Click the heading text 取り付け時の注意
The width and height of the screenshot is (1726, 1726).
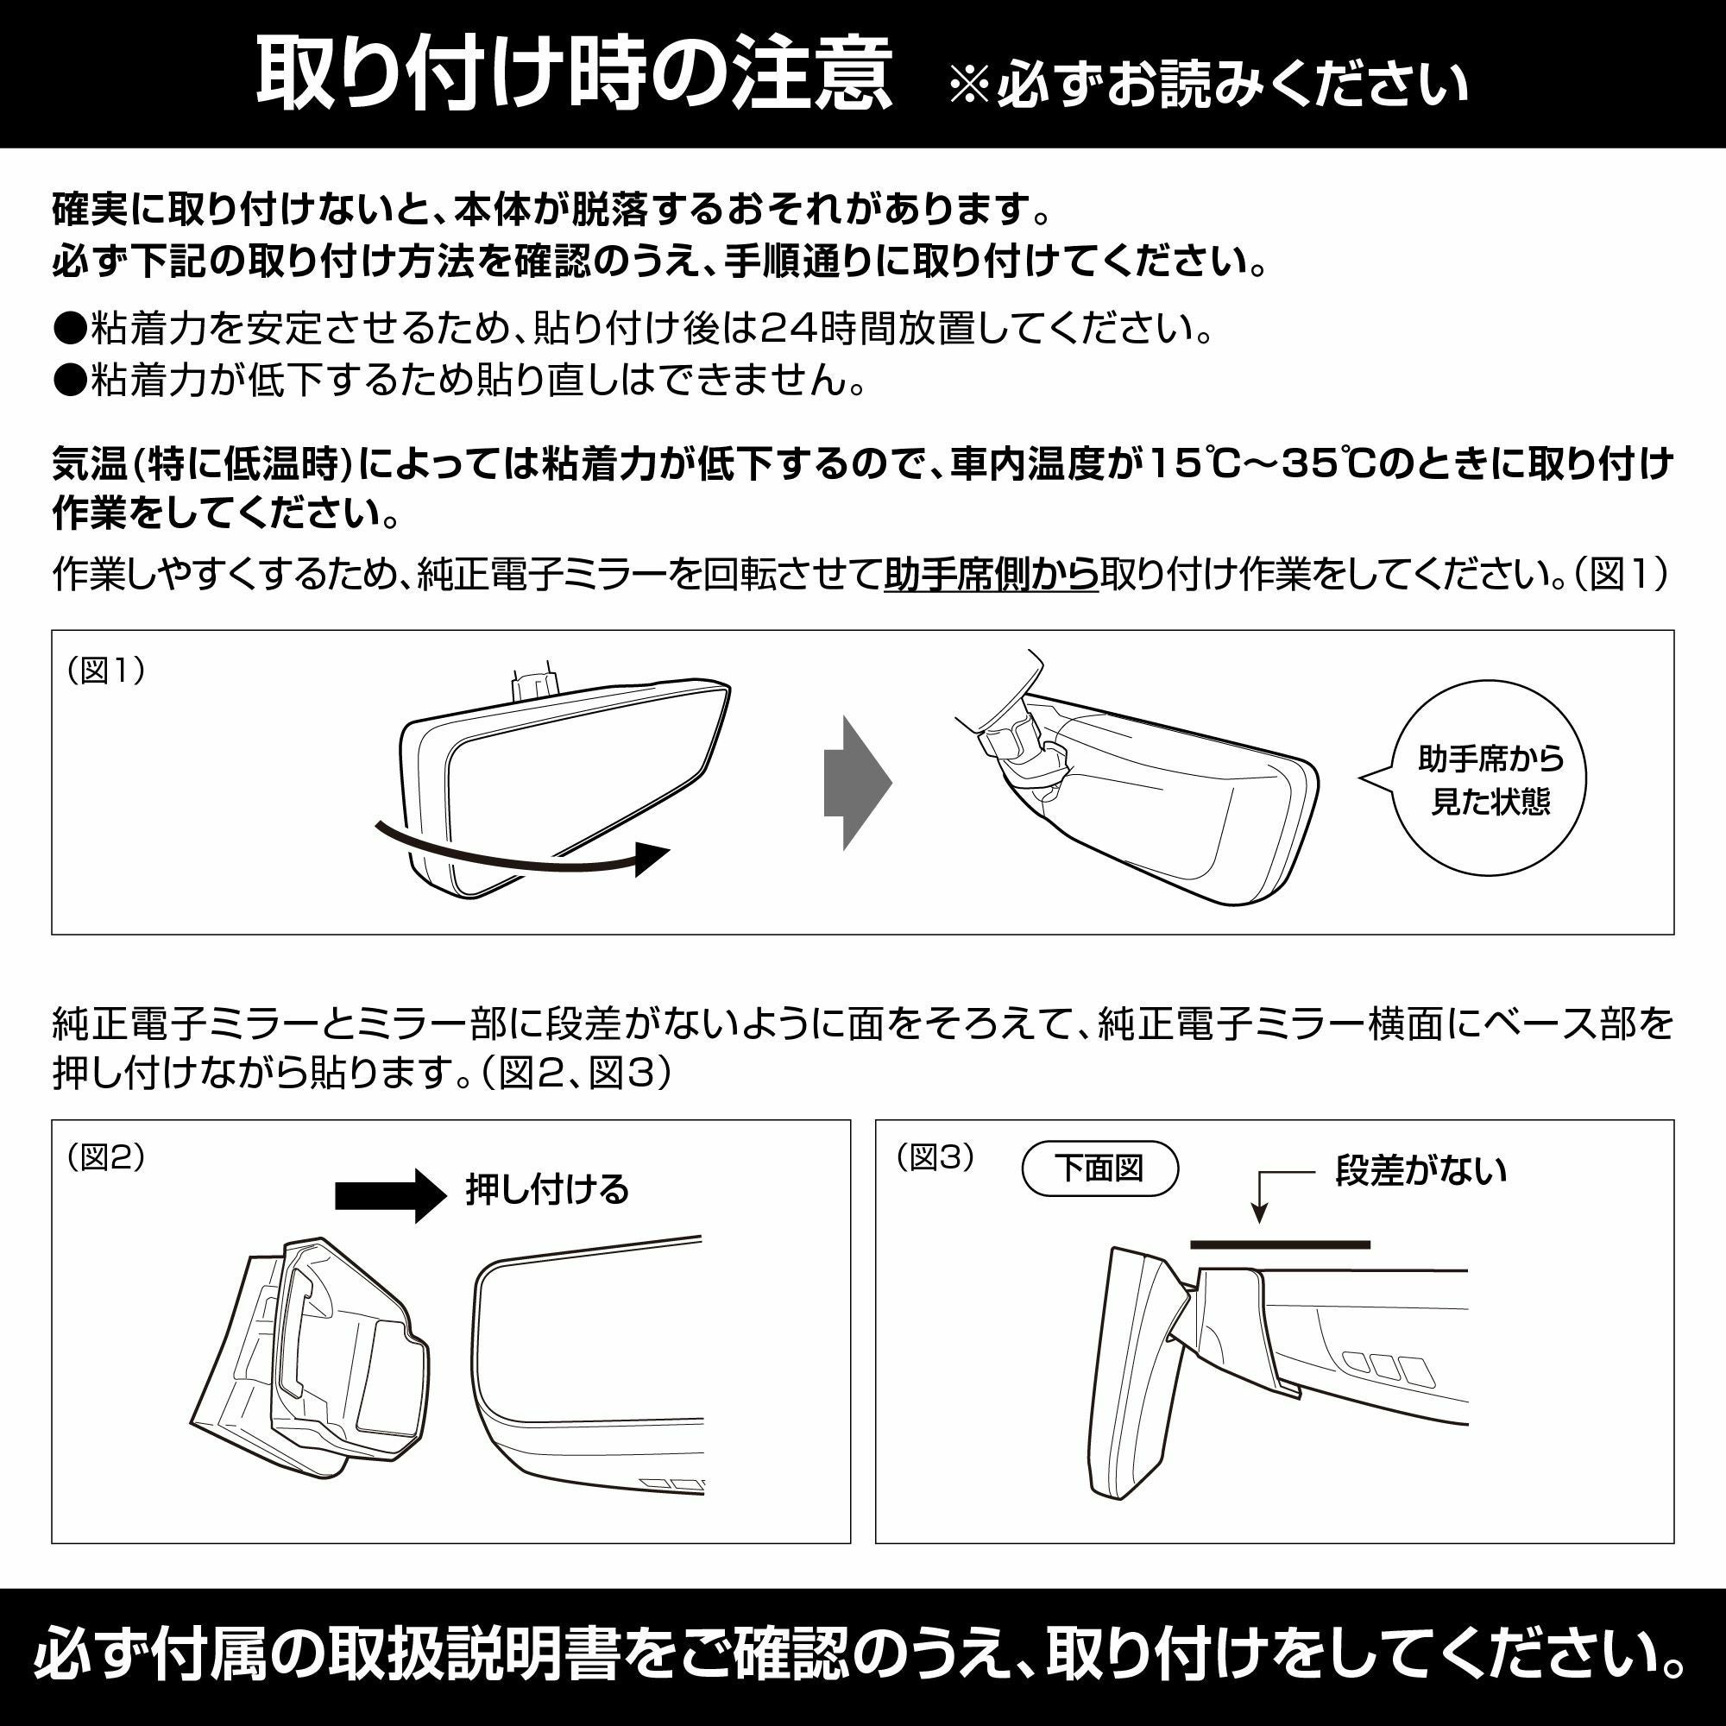pos(574,75)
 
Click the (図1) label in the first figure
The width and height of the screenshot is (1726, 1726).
pos(105,670)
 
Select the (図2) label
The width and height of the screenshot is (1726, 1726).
pos(105,1157)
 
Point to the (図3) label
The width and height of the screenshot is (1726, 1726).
pos(935,1157)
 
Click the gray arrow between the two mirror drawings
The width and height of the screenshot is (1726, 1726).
pos(856,783)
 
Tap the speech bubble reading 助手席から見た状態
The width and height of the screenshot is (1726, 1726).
pos(1490,779)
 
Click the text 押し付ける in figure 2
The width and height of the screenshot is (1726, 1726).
pos(547,1189)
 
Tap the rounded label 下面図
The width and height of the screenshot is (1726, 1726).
pos(1099,1169)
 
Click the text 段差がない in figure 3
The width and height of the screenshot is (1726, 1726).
pos(1420,1169)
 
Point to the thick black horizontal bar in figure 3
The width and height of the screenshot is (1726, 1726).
pos(1279,1244)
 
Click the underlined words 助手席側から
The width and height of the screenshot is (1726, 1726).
pos(991,575)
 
